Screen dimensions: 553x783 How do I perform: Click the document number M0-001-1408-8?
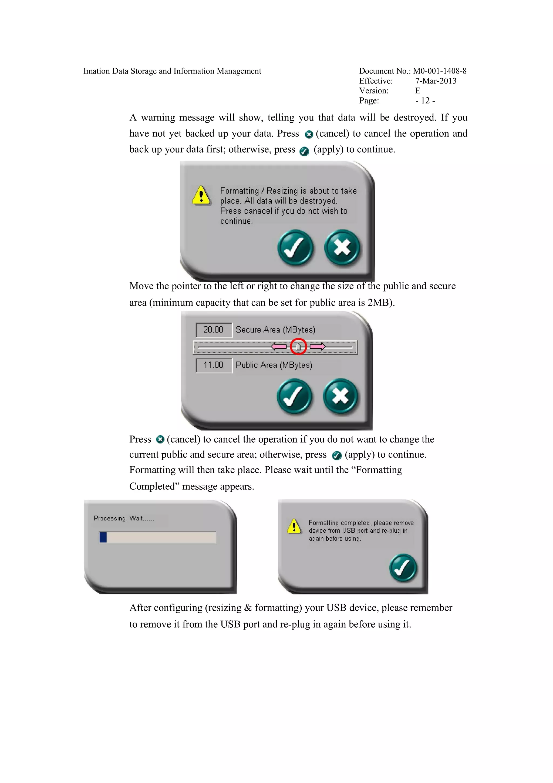[x=440, y=71]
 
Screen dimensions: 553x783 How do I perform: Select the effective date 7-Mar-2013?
[x=436, y=81]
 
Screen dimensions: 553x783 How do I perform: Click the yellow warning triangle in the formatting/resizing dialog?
[x=201, y=195]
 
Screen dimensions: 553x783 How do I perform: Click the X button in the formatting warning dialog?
[x=342, y=247]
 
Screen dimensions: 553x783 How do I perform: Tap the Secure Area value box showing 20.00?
[x=214, y=330]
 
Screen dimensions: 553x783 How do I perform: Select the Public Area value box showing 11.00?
[x=214, y=365]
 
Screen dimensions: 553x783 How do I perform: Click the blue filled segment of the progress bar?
[x=103, y=537]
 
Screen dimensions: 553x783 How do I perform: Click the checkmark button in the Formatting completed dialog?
[x=403, y=568]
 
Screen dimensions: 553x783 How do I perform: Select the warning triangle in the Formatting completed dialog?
[x=294, y=526]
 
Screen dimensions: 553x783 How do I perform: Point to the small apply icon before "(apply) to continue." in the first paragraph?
[x=304, y=151]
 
